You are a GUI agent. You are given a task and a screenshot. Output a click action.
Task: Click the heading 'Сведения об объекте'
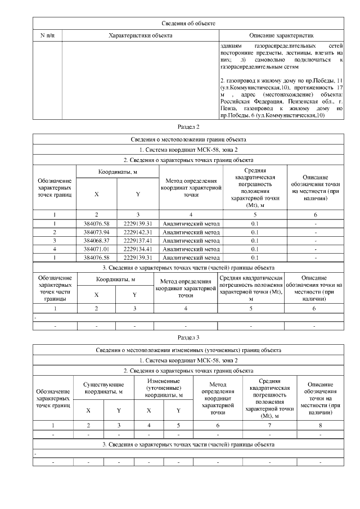(x=188, y=23)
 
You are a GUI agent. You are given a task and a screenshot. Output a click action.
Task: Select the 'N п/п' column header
(x=47, y=35)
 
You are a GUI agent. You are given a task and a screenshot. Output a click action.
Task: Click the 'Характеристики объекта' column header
(x=140, y=35)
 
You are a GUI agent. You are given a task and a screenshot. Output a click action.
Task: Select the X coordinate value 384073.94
(x=97, y=232)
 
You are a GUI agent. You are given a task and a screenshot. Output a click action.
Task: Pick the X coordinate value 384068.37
(x=97, y=240)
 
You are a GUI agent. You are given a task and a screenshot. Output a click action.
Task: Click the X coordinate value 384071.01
(x=97, y=248)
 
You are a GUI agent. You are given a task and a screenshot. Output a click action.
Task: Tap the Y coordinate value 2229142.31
(x=138, y=232)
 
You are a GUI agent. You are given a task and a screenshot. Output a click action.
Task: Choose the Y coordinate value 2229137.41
(x=138, y=240)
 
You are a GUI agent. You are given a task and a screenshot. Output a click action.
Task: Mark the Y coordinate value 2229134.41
(x=138, y=248)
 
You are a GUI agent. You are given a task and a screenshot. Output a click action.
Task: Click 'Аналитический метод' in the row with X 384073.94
(x=191, y=232)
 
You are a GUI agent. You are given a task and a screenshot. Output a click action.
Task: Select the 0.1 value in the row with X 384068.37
(x=254, y=240)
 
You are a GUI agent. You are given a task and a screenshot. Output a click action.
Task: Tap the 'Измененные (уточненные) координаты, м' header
(x=163, y=388)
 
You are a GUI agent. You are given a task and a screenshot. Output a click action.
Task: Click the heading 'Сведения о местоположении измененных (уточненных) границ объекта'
(x=188, y=350)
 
